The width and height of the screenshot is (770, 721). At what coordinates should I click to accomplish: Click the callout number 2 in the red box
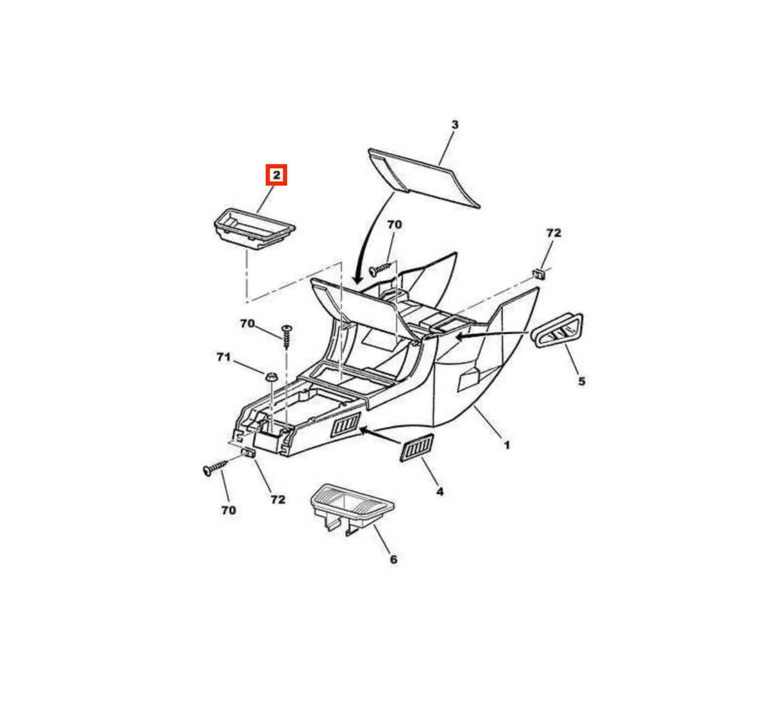pyautogui.click(x=276, y=175)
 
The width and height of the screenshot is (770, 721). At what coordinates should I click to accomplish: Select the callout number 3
pyautogui.click(x=455, y=125)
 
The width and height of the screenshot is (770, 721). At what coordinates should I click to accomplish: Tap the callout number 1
pyautogui.click(x=507, y=446)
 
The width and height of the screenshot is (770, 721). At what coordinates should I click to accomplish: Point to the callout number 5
pyautogui.click(x=581, y=381)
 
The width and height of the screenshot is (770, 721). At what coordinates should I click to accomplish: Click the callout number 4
pyautogui.click(x=440, y=492)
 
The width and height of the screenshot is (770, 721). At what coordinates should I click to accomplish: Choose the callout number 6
pyautogui.click(x=393, y=559)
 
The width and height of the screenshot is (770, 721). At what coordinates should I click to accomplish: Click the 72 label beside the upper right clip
pyautogui.click(x=554, y=233)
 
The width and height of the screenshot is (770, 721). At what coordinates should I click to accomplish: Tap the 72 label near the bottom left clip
pyautogui.click(x=278, y=499)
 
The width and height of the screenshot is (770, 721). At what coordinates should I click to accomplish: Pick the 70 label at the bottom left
pyautogui.click(x=228, y=510)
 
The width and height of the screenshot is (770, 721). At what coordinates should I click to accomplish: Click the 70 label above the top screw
pyautogui.click(x=394, y=224)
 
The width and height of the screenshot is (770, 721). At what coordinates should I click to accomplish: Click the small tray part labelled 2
pyautogui.click(x=255, y=229)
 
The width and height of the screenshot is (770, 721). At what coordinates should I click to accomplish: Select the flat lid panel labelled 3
pyautogui.click(x=424, y=178)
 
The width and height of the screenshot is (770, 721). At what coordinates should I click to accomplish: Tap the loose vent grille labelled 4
pyautogui.click(x=416, y=447)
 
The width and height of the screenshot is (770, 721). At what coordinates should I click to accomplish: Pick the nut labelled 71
pyautogui.click(x=271, y=376)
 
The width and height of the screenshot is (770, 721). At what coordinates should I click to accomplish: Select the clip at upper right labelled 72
pyautogui.click(x=539, y=274)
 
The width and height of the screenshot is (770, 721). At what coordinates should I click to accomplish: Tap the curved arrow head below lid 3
pyautogui.click(x=357, y=277)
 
